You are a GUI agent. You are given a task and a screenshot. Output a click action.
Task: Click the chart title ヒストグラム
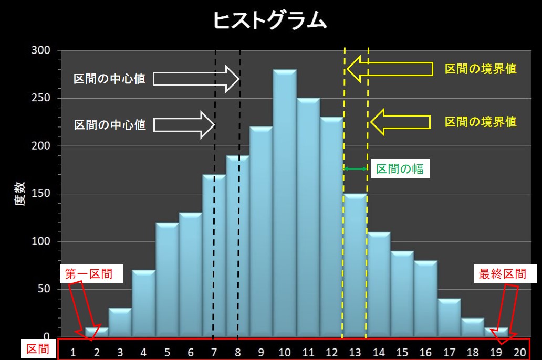[270, 20]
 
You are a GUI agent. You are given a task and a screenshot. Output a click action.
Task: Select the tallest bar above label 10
[285, 203]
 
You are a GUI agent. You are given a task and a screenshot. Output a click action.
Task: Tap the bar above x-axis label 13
[356, 265]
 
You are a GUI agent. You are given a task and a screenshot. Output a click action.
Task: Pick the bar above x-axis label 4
[143, 303]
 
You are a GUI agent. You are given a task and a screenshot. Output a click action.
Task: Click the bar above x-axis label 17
[450, 317]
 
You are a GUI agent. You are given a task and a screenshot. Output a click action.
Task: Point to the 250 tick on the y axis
[41, 98]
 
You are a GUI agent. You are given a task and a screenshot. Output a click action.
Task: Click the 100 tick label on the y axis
[41, 241]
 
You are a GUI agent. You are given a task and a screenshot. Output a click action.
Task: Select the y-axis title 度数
[20, 194]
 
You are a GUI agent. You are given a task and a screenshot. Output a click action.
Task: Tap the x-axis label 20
[519, 353]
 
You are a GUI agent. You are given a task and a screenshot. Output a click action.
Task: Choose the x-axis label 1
[73, 353]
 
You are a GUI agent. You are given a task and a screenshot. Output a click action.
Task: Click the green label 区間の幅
[400, 169]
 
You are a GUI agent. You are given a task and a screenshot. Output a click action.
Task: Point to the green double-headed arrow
[356, 168]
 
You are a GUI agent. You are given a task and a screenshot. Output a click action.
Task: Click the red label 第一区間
[89, 274]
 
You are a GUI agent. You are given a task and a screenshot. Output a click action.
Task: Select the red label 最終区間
[502, 274]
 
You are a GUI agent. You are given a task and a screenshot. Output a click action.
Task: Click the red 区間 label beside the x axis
[37, 348]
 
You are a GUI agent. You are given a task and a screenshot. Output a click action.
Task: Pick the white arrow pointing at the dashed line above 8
[196, 79]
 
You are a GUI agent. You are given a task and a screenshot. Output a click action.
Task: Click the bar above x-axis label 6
[191, 274]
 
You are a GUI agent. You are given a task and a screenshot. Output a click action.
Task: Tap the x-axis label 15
[402, 353]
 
